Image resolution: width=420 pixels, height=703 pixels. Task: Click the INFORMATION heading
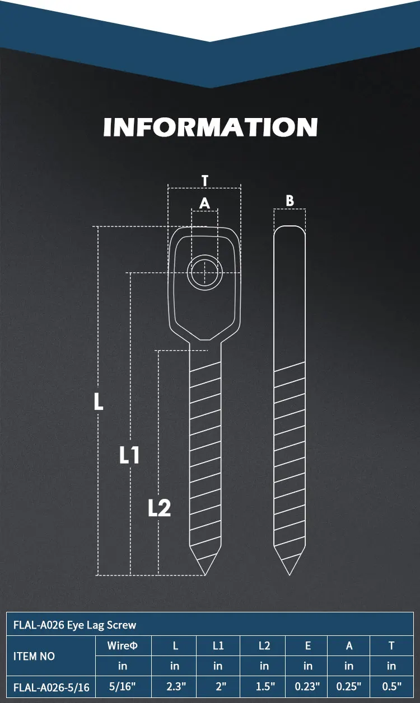click(x=210, y=127)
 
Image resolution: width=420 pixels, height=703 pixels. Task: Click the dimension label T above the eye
click(x=205, y=181)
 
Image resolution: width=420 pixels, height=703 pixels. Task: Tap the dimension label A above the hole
click(x=204, y=204)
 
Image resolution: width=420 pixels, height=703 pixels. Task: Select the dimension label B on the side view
click(x=290, y=201)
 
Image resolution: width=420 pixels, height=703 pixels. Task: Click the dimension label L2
click(x=160, y=508)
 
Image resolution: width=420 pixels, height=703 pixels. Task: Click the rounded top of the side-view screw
click(x=290, y=229)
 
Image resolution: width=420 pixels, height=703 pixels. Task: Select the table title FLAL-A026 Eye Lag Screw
click(x=74, y=625)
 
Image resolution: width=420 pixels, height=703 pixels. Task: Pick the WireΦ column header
click(x=123, y=646)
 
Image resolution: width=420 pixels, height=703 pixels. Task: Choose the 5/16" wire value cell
click(x=123, y=686)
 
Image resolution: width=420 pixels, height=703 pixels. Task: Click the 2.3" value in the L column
click(x=175, y=686)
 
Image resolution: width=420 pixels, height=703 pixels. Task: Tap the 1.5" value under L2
click(x=264, y=686)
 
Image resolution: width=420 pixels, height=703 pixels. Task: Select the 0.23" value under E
click(x=307, y=686)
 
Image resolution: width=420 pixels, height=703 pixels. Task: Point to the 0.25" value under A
click(x=349, y=686)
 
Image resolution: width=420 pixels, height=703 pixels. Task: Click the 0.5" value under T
click(x=391, y=686)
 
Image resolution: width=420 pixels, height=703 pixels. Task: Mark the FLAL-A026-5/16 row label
click(x=51, y=687)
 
